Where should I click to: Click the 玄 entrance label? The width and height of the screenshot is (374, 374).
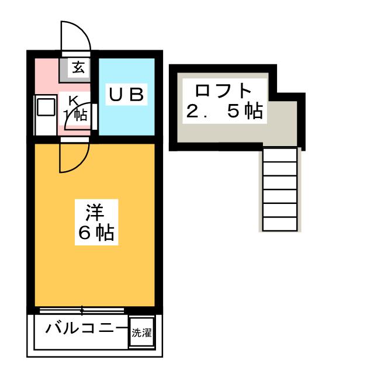[x=78, y=68]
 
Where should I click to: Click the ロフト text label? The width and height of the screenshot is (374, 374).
[x=223, y=91]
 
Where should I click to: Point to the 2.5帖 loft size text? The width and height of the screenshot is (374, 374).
[x=223, y=111]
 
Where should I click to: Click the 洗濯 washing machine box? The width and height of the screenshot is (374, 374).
[x=141, y=334]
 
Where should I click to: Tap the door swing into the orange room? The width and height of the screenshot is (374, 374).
[x=74, y=157]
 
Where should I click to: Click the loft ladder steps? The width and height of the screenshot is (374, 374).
[x=280, y=189]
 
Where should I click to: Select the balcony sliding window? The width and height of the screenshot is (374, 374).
[x=82, y=310]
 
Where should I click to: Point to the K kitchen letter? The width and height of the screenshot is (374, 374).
[x=74, y=100]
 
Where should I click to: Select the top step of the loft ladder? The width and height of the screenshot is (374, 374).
[x=280, y=154]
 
